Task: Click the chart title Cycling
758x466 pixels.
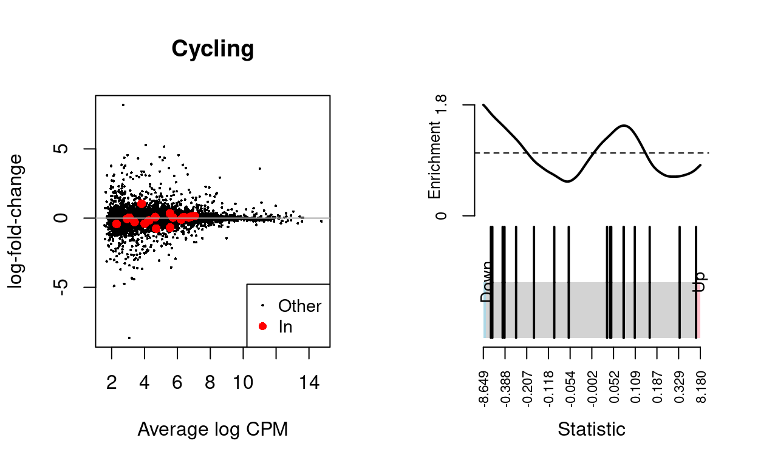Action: point(213,49)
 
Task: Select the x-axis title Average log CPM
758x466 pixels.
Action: point(213,429)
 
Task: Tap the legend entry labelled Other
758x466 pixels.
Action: point(299,306)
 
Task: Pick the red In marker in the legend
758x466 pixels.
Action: point(262,326)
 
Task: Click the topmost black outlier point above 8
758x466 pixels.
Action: point(123,105)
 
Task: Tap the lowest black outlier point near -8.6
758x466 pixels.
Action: point(129,337)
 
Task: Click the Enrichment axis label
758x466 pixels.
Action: point(434,160)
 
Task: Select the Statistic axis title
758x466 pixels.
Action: point(592,430)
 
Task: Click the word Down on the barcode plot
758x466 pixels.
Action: point(487,282)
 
